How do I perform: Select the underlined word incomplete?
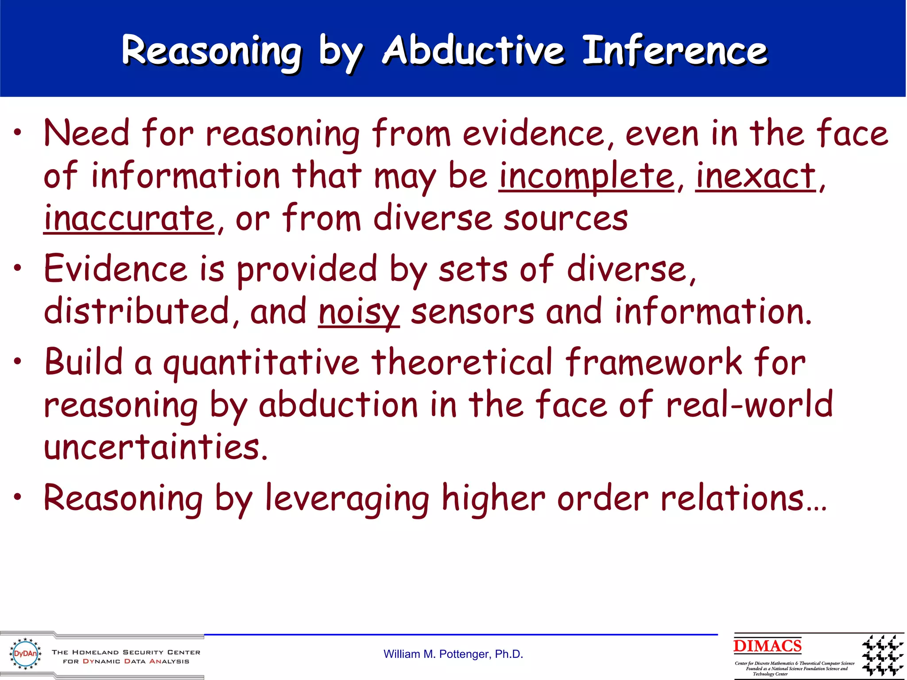coord(586,176)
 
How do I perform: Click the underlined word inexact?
coord(755,176)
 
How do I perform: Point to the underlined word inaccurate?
coord(129,219)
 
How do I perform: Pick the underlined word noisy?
coord(359,312)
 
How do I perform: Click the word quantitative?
coord(261,363)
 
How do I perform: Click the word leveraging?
coord(347,499)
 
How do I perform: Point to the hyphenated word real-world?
coord(749,405)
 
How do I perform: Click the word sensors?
coord(473,312)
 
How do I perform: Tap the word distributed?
coord(136,312)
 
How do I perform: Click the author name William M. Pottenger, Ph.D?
coord(453,654)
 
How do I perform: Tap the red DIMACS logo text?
coord(767,646)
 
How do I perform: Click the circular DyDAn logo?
coord(26,653)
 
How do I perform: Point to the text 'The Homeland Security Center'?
coord(126,652)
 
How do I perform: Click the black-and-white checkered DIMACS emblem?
coord(882,655)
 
